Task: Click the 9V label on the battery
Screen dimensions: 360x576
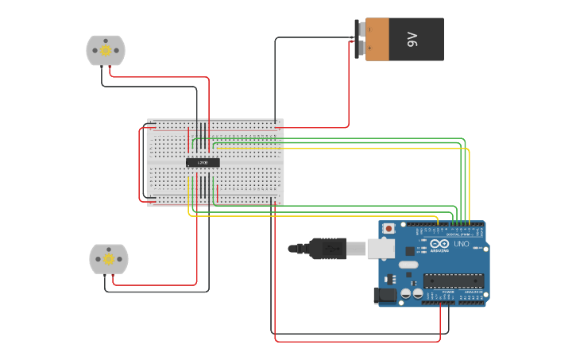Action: point(412,39)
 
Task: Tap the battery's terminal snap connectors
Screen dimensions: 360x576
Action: point(360,39)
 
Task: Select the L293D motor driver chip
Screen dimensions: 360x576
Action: point(203,162)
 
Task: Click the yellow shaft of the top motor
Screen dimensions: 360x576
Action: point(106,50)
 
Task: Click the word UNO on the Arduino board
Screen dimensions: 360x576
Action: point(462,244)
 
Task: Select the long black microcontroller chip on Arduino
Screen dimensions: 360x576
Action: point(454,281)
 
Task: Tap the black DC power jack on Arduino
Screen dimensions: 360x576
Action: point(385,296)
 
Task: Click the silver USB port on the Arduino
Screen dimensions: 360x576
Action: point(381,249)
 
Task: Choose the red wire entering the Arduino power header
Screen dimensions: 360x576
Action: point(440,318)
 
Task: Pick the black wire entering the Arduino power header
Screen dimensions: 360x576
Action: point(449,318)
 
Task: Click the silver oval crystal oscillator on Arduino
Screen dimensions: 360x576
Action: point(408,264)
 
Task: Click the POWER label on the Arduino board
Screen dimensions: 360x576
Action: point(447,292)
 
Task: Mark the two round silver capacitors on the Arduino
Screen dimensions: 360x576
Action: point(412,293)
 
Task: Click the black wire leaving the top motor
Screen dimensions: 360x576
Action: point(151,87)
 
